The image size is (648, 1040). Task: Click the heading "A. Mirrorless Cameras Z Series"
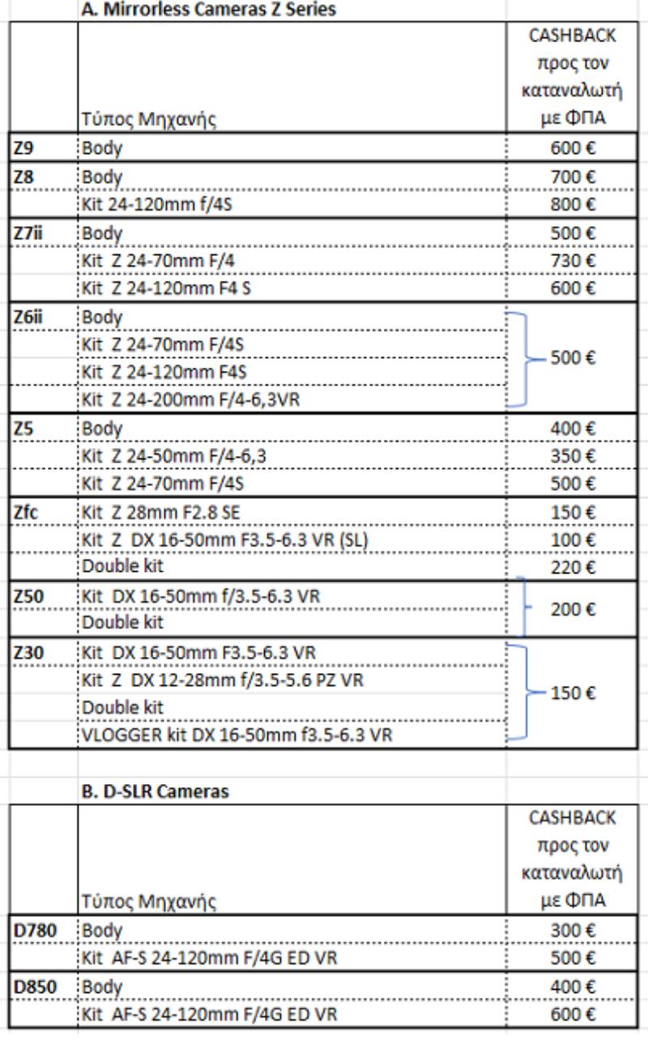click(208, 9)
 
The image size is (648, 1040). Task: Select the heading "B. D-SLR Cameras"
click(155, 791)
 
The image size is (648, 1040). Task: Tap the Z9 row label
click(23, 148)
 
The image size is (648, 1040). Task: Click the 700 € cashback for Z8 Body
click(573, 177)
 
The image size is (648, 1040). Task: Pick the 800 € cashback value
click(573, 204)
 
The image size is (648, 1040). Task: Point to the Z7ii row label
click(28, 233)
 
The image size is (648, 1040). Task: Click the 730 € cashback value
click(573, 261)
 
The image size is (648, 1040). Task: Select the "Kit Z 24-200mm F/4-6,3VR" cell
click(191, 399)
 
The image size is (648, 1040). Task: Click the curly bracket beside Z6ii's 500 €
click(526, 360)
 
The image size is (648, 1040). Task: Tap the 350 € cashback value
click(573, 456)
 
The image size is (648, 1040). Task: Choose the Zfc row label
click(26, 513)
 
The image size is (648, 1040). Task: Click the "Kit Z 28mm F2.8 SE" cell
click(161, 513)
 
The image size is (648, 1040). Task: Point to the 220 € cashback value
click(573, 567)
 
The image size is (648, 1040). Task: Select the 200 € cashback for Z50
click(573, 609)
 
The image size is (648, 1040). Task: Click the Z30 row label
click(28, 653)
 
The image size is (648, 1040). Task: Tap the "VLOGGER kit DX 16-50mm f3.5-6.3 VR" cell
click(237, 735)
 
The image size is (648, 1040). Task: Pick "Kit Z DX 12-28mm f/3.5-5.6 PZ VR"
click(222, 680)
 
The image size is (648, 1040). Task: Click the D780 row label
click(35, 931)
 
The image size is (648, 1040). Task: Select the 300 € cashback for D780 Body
click(573, 931)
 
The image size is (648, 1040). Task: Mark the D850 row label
click(35, 987)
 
